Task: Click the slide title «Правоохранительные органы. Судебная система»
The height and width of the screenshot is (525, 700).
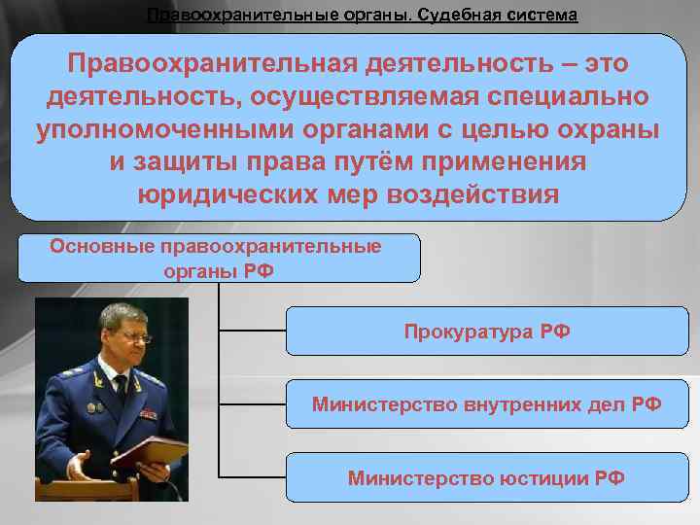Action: coord(361,16)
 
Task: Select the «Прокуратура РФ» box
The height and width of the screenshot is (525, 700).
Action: coord(487,332)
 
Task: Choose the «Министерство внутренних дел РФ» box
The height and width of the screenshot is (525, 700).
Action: coord(487,403)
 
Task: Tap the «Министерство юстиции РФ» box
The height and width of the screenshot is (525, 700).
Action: coord(487,477)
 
